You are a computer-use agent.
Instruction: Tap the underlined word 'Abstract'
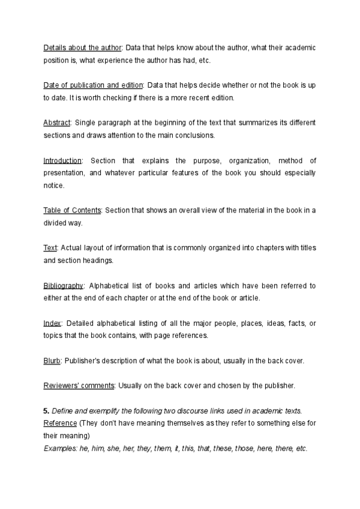[57, 122]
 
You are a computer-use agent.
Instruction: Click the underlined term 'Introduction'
[62, 160]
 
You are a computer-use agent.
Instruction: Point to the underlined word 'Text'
[50, 248]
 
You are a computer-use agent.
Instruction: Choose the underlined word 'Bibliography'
[64, 286]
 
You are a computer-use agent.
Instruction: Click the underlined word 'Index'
[52, 323]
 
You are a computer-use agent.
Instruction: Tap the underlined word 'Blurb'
[52, 361]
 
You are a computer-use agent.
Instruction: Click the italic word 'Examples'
[59, 448]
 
